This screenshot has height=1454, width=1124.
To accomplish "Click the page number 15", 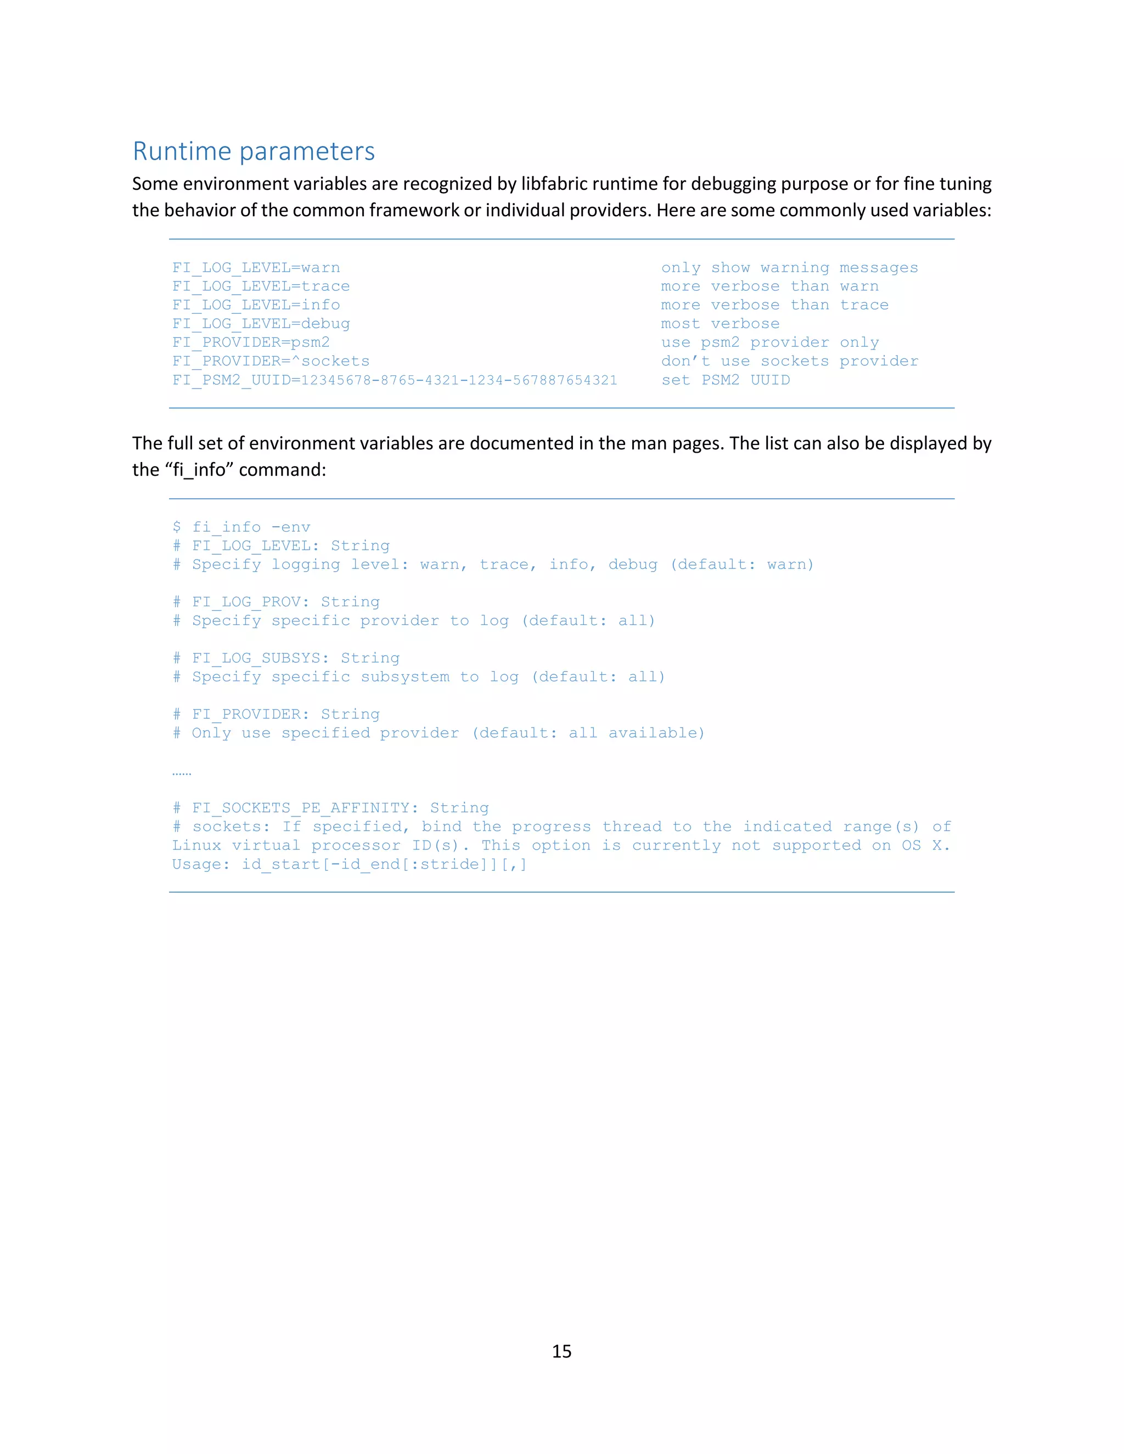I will [x=561, y=1351].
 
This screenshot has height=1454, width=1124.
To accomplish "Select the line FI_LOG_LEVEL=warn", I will [x=256, y=268].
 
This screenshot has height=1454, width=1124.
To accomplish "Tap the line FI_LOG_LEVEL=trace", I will [x=261, y=286].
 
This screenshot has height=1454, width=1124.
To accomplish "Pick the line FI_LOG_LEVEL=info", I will [x=256, y=305].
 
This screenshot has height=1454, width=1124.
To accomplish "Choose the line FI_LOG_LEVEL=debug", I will [x=261, y=324].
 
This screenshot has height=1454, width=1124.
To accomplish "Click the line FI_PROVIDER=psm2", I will [x=251, y=342].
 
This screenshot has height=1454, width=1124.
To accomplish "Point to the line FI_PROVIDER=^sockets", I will [x=271, y=361].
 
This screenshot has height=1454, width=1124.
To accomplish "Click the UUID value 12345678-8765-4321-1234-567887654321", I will [x=459, y=380].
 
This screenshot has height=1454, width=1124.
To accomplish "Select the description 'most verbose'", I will [x=720, y=324].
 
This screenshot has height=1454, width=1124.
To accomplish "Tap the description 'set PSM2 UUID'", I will [x=725, y=380].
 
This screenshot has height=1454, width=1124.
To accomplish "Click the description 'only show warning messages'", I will [x=789, y=268].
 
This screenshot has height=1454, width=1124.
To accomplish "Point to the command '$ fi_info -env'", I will [x=241, y=527].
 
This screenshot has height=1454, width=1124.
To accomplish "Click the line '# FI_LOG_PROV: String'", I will [x=277, y=602].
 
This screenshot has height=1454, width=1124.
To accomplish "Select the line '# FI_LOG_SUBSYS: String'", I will [x=286, y=658].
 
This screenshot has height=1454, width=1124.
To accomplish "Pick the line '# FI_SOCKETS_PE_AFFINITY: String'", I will [x=331, y=808].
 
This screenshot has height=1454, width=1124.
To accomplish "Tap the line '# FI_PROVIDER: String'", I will [x=277, y=714].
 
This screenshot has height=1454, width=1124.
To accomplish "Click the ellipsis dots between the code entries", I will [x=182, y=773].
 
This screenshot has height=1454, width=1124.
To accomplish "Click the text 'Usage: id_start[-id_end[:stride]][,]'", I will [x=350, y=864].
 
